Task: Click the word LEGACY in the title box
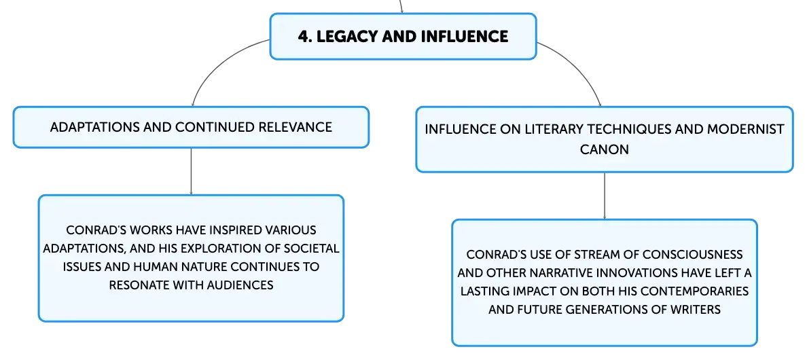pos(340,37)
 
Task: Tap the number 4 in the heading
pos(303,37)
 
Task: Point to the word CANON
pos(604,149)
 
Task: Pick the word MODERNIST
pos(746,129)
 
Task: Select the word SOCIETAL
pos(311,249)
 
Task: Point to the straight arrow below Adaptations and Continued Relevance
pos(191,171)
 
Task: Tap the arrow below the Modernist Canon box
pos(604,196)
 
